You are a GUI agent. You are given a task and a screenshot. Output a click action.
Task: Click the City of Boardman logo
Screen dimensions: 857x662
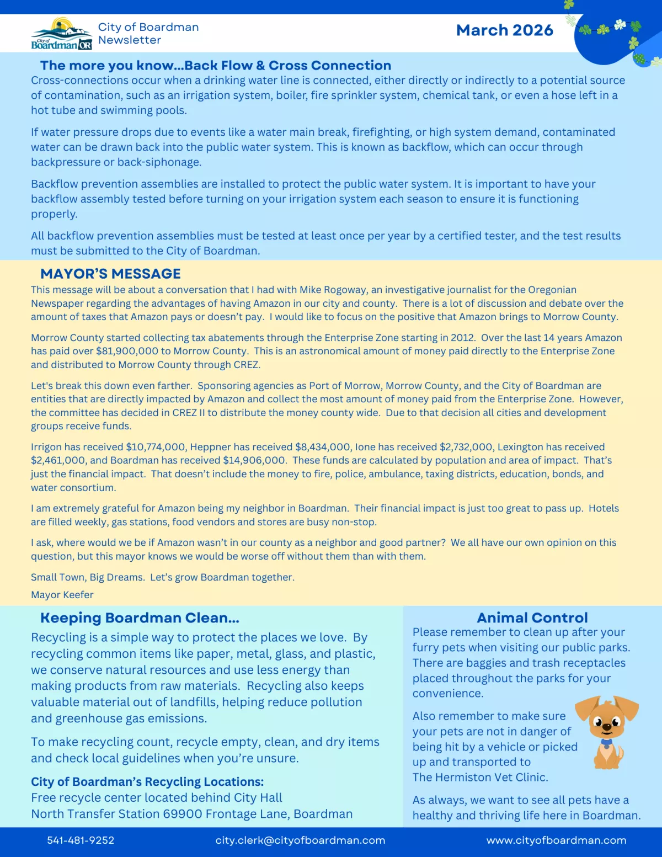pyautogui.click(x=62, y=34)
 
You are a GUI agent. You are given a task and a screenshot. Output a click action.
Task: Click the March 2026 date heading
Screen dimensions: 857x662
pyautogui.click(x=504, y=30)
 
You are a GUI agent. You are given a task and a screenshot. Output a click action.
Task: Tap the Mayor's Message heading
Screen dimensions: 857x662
pyautogui.click(x=110, y=274)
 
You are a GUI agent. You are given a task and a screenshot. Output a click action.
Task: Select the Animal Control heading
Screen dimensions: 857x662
pyautogui.click(x=532, y=618)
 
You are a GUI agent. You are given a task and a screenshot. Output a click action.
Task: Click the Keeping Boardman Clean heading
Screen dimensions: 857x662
pyautogui.click(x=140, y=618)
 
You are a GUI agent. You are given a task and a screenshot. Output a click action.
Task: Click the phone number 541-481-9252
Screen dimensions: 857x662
pyautogui.click(x=81, y=840)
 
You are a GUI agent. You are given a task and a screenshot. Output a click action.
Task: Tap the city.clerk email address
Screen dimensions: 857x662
pyautogui.click(x=300, y=840)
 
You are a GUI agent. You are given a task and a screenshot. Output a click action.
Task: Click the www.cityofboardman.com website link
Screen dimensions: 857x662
pyautogui.click(x=556, y=840)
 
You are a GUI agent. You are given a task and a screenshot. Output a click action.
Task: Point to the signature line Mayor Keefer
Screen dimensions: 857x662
pyautogui.click(x=62, y=595)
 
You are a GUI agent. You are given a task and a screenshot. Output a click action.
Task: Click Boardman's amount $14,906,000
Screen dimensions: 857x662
pyautogui.click(x=254, y=460)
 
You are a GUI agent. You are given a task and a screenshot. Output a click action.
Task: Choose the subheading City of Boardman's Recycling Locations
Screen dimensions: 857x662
pyautogui.click(x=147, y=781)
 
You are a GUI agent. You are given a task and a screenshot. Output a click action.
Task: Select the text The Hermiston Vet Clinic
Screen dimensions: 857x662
pyautogui.click(x=480, y=777)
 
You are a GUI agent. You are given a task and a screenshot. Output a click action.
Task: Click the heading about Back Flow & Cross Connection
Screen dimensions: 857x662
pyautogui.click(x=216, y=65)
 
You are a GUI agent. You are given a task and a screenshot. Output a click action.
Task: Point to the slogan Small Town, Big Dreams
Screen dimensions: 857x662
pyautogui.click(x=88, y=577)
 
